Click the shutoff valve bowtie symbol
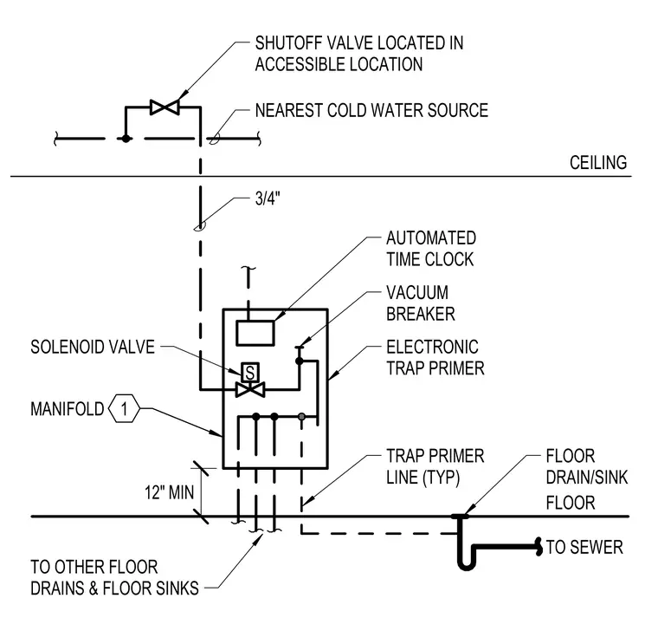[x=164, y=107]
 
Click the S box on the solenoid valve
[x=249, y=372]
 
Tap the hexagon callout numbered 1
[x=124, y=408]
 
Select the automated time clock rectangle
[x=255, y=333]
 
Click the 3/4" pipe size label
[x=268, y=198]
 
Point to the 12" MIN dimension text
[x=170, y=492]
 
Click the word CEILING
[x=598, y=163]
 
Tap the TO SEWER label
[x=584, y=547]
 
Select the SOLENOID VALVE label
[x=93, y=347]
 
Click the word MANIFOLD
[x=68, y=409]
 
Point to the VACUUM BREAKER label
[x=421, y=303]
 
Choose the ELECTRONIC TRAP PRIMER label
[x=435, y=357]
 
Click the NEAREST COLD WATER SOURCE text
[x=371, y=110]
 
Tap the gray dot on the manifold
[x=301, y=417]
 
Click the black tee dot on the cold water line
[x=126, y=138]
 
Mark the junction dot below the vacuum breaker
[x=300, y=361]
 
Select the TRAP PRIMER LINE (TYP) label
[x=435, y=466]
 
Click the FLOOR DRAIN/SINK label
[x=587, y=466]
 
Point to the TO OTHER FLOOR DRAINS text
[x=114, y=577]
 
